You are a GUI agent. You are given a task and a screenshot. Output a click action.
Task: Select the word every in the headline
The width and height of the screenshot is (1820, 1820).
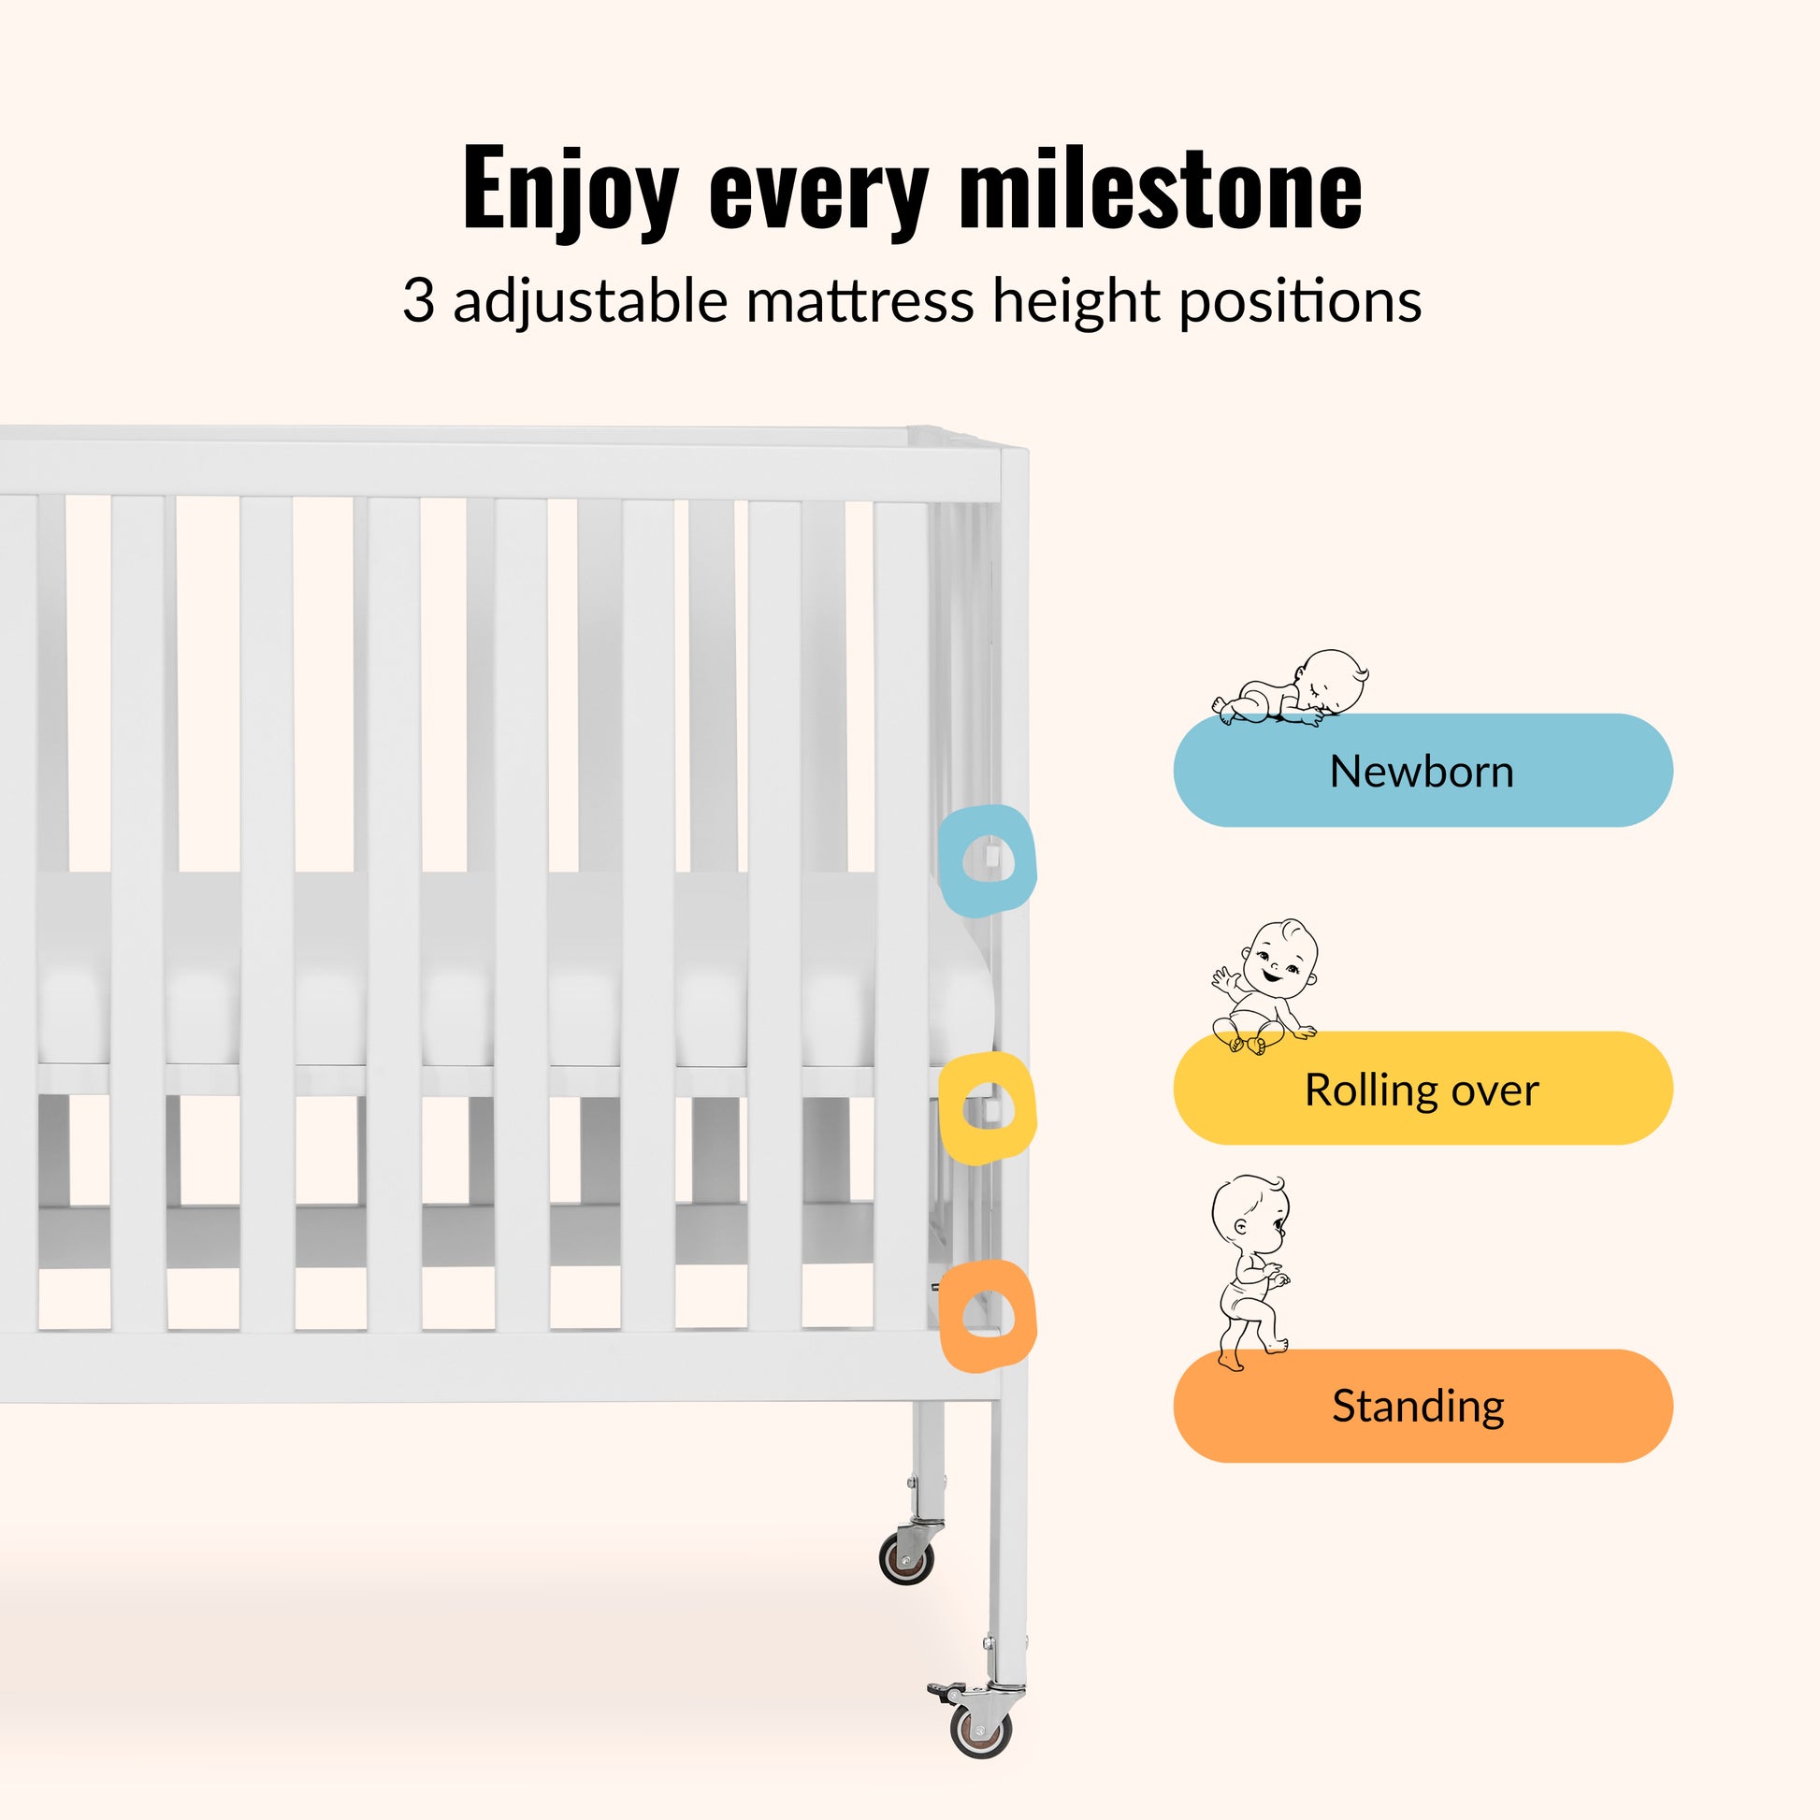tap(818, 199)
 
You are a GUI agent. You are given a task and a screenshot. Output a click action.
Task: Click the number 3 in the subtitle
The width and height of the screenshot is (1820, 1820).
tap(418, 301)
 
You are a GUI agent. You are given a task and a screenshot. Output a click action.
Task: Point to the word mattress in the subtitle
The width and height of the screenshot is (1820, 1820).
tap(860, 301)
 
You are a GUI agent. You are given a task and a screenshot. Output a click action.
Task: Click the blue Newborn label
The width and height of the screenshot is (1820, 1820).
tap(1423, 771)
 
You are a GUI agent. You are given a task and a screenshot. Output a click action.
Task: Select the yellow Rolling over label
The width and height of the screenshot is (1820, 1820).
tap(1423, 1089)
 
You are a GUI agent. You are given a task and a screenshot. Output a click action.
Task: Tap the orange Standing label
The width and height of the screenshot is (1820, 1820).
tap(1423, 1407)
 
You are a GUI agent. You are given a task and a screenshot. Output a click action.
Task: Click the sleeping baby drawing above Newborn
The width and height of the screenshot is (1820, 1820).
tap(1290, 688)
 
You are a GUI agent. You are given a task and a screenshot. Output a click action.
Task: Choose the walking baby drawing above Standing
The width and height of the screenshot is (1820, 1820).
tap(1250, 1272)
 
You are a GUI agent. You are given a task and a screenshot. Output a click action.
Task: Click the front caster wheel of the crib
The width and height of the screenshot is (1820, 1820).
tap(982, 1730)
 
